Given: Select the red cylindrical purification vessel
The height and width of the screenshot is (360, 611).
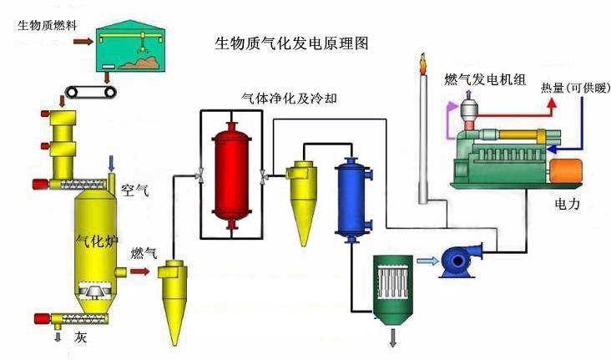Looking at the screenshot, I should coord(231,172).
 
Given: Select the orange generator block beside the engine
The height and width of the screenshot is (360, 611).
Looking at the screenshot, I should coord(570,172).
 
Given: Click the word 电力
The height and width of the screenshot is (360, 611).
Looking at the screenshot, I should coord(572,203).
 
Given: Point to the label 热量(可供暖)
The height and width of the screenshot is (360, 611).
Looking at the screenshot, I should coord(573,89).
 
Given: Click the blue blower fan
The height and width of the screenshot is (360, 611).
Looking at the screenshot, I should coord(458,260).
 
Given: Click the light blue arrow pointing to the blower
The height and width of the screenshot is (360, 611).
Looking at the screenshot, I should coord(426,261).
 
